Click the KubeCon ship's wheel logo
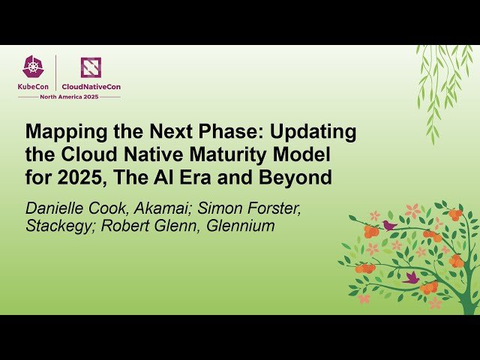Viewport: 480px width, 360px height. [x=32, y=67]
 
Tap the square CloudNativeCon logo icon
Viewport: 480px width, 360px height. [x=91, y=67]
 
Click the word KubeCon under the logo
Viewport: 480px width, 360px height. [x=33, y=86]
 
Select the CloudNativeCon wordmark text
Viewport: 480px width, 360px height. [x=91, y=86]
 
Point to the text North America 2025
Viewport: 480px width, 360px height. [x=69, y=96]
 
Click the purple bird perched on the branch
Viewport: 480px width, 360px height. [x=389, y=224]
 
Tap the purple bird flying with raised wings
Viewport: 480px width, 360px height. [x=411, y=277]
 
